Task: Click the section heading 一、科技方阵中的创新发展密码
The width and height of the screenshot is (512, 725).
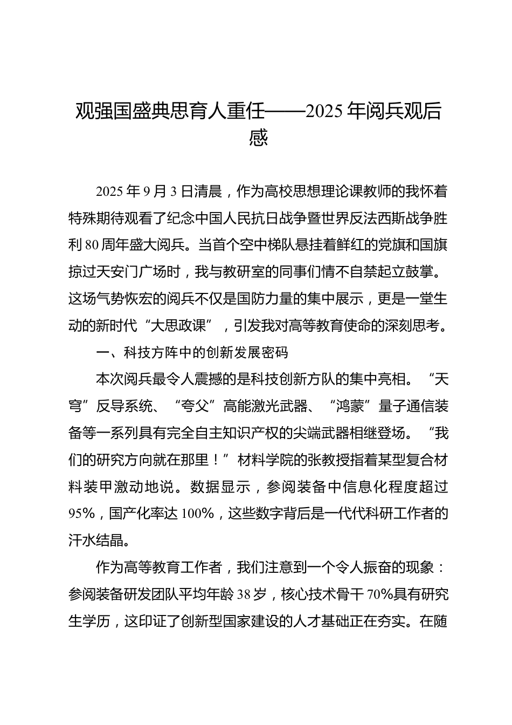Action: point(191,352)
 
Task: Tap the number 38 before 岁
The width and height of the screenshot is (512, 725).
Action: point(244,594)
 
